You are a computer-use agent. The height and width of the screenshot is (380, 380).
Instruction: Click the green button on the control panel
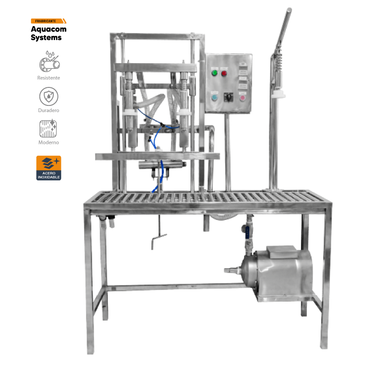[215, 73]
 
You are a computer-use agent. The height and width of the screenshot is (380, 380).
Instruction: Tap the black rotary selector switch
[228, 97]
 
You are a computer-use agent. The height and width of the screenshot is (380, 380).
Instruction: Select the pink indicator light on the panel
[242, 98]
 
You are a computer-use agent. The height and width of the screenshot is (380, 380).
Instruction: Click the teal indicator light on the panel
[215, 97]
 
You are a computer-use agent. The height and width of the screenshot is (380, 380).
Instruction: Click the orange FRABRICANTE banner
[48, 21]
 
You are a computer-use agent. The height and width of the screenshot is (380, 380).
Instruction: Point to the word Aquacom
[48, 29]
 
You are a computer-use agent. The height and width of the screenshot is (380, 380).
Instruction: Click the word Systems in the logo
[46, 38]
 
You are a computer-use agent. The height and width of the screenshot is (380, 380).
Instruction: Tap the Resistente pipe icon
[49, 61]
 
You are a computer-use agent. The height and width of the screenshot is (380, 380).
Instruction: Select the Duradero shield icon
[49, 96]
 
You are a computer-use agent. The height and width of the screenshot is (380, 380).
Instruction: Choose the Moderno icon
[48, 128]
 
